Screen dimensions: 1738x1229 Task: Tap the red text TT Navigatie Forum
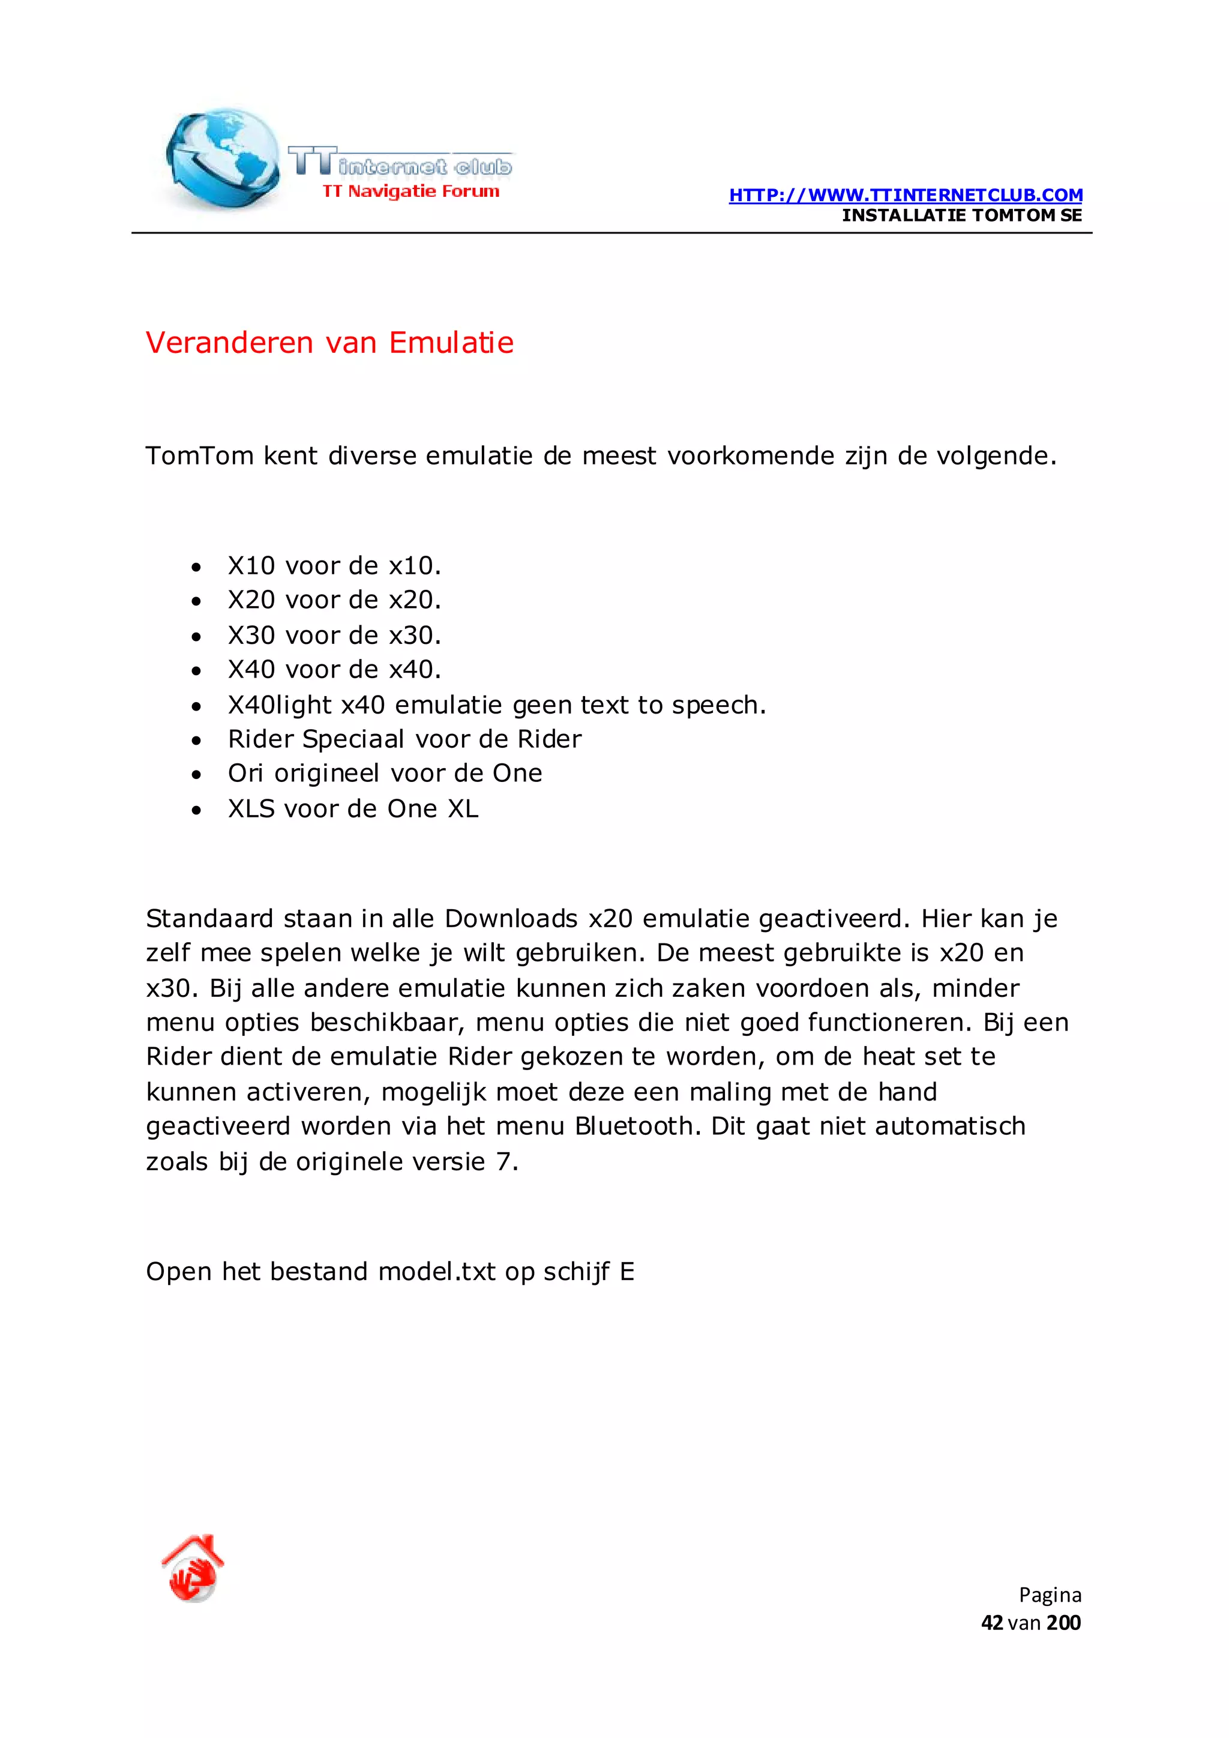click(411, 191)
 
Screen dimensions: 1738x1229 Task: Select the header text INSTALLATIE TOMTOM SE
click(961, 215)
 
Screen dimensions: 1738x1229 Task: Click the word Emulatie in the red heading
click(451, 343)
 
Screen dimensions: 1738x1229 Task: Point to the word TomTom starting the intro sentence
click(199, 456)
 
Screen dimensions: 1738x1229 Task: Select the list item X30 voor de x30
click(334, 635)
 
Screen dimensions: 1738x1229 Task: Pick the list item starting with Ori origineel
click(385, 773)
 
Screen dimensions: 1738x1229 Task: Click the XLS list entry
click(353, 808)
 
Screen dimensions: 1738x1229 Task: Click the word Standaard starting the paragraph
click(209, 918)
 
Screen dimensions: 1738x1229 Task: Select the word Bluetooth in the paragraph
click(637, 1126)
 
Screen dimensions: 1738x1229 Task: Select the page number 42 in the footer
click(991, 1622)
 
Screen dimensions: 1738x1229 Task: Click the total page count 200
click(1063, 1622)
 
